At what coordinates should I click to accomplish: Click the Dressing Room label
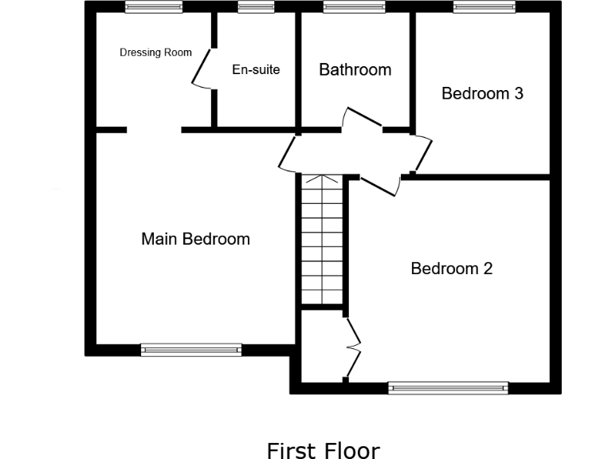155,53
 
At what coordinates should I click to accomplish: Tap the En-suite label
256,70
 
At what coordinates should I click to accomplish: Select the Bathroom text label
355,70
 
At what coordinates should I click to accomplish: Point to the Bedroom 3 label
482,93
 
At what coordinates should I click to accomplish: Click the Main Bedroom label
195,239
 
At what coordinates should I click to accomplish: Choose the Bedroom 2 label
451,269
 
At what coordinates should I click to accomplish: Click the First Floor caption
323,450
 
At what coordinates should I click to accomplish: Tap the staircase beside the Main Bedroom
323,239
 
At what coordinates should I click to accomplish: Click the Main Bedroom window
191,349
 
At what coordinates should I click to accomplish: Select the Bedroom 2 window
449,388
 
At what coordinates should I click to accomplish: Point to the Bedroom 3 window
484,7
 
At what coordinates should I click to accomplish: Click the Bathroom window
353,7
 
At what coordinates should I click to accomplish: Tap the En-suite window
256,7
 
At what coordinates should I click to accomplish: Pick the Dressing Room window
154,7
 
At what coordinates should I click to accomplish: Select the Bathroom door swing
362,120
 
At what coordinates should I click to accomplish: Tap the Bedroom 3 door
422,153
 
